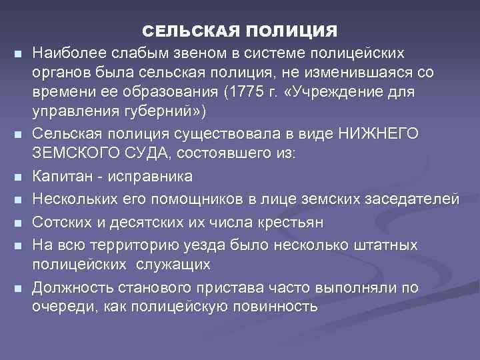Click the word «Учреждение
tap(344, 90)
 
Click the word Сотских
tap(60, 221)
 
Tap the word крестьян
tap(283, 221)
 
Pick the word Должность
tap(69, 288)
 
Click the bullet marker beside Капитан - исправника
tap(17, 177)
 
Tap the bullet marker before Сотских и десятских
tap(17, 222)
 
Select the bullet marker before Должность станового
tap(17, 289)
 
